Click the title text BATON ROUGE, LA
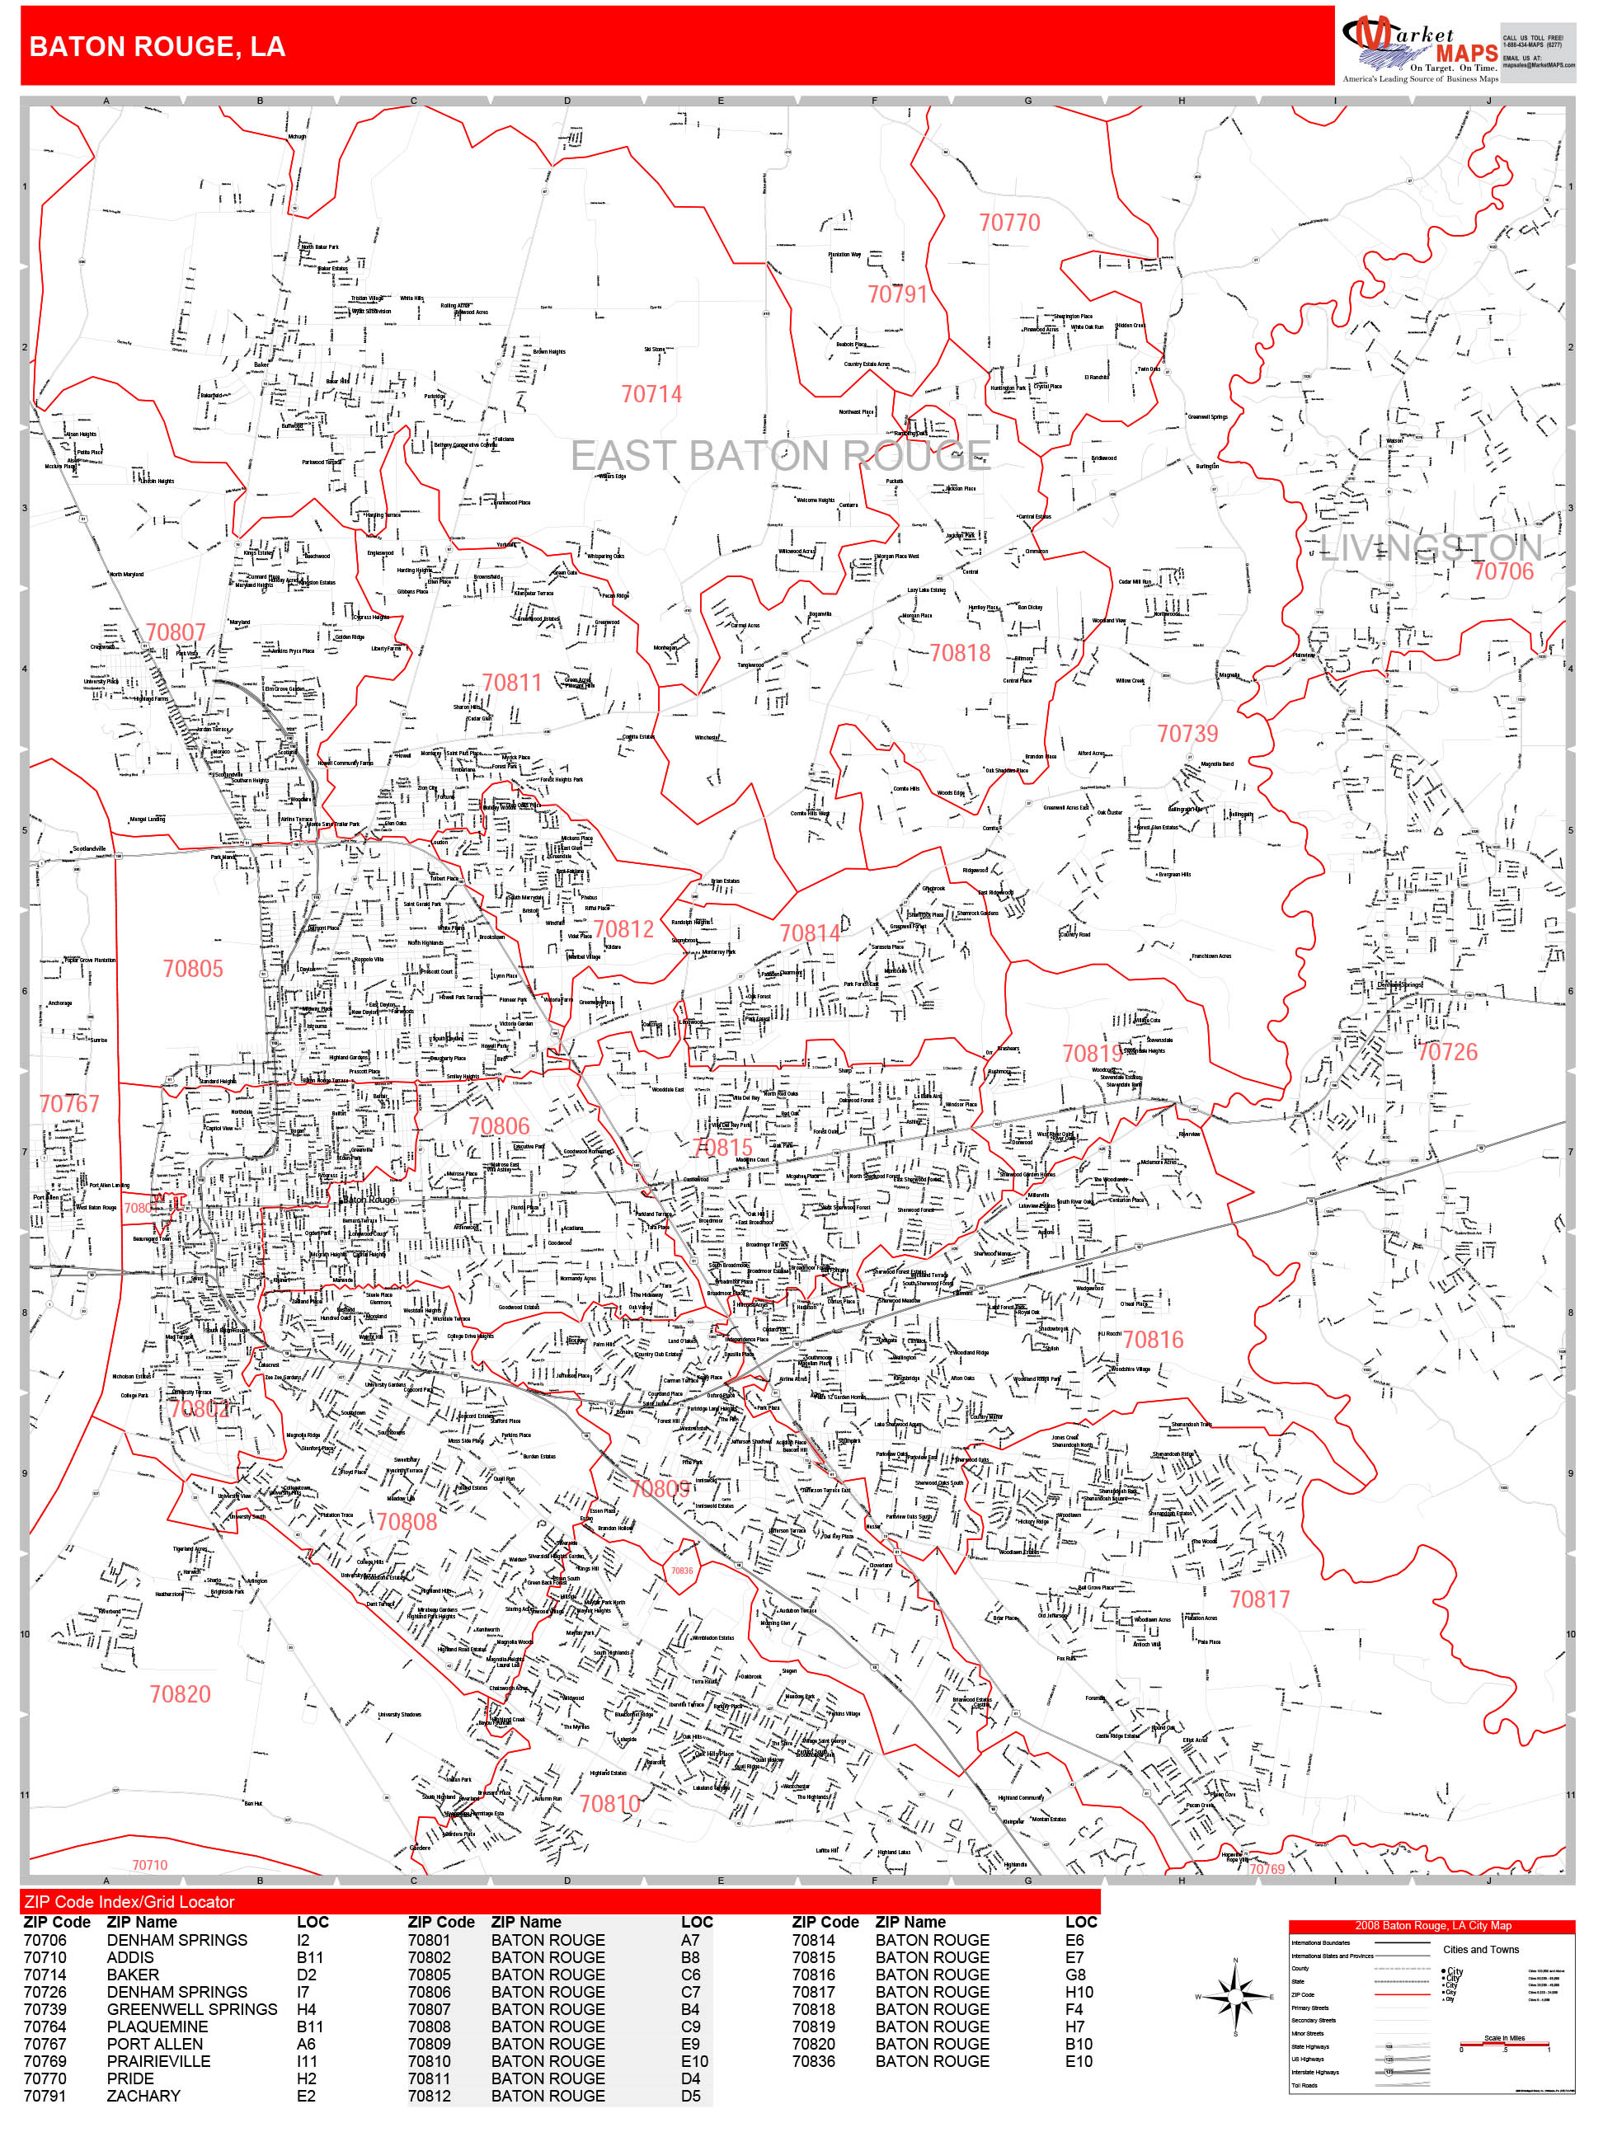(157, 47)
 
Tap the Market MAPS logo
(1417, 49)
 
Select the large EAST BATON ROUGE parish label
(780, 456)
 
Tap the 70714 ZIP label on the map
(651, 394)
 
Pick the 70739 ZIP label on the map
(1187, 735)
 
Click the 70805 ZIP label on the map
(192, 969)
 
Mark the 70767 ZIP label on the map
(68, 1103)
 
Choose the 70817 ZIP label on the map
(1259, 1599)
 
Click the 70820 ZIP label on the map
(180, 1694)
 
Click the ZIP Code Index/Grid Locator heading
(129, 1902)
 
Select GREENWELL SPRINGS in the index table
(191, 2009)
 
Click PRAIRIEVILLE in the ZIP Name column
(157, 2062)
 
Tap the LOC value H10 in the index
(1079, 1992)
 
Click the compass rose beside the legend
(1235, 1996)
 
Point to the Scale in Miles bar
(1503, 2045)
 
